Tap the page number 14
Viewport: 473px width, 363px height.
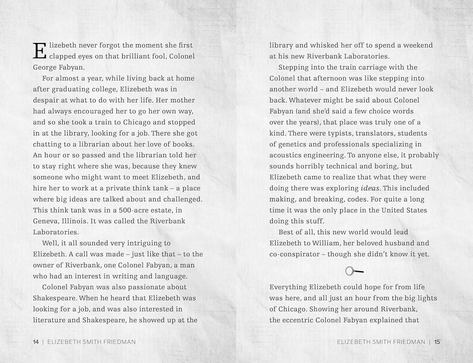36,342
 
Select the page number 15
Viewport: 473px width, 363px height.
437,342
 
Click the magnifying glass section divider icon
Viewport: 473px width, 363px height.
354,271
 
